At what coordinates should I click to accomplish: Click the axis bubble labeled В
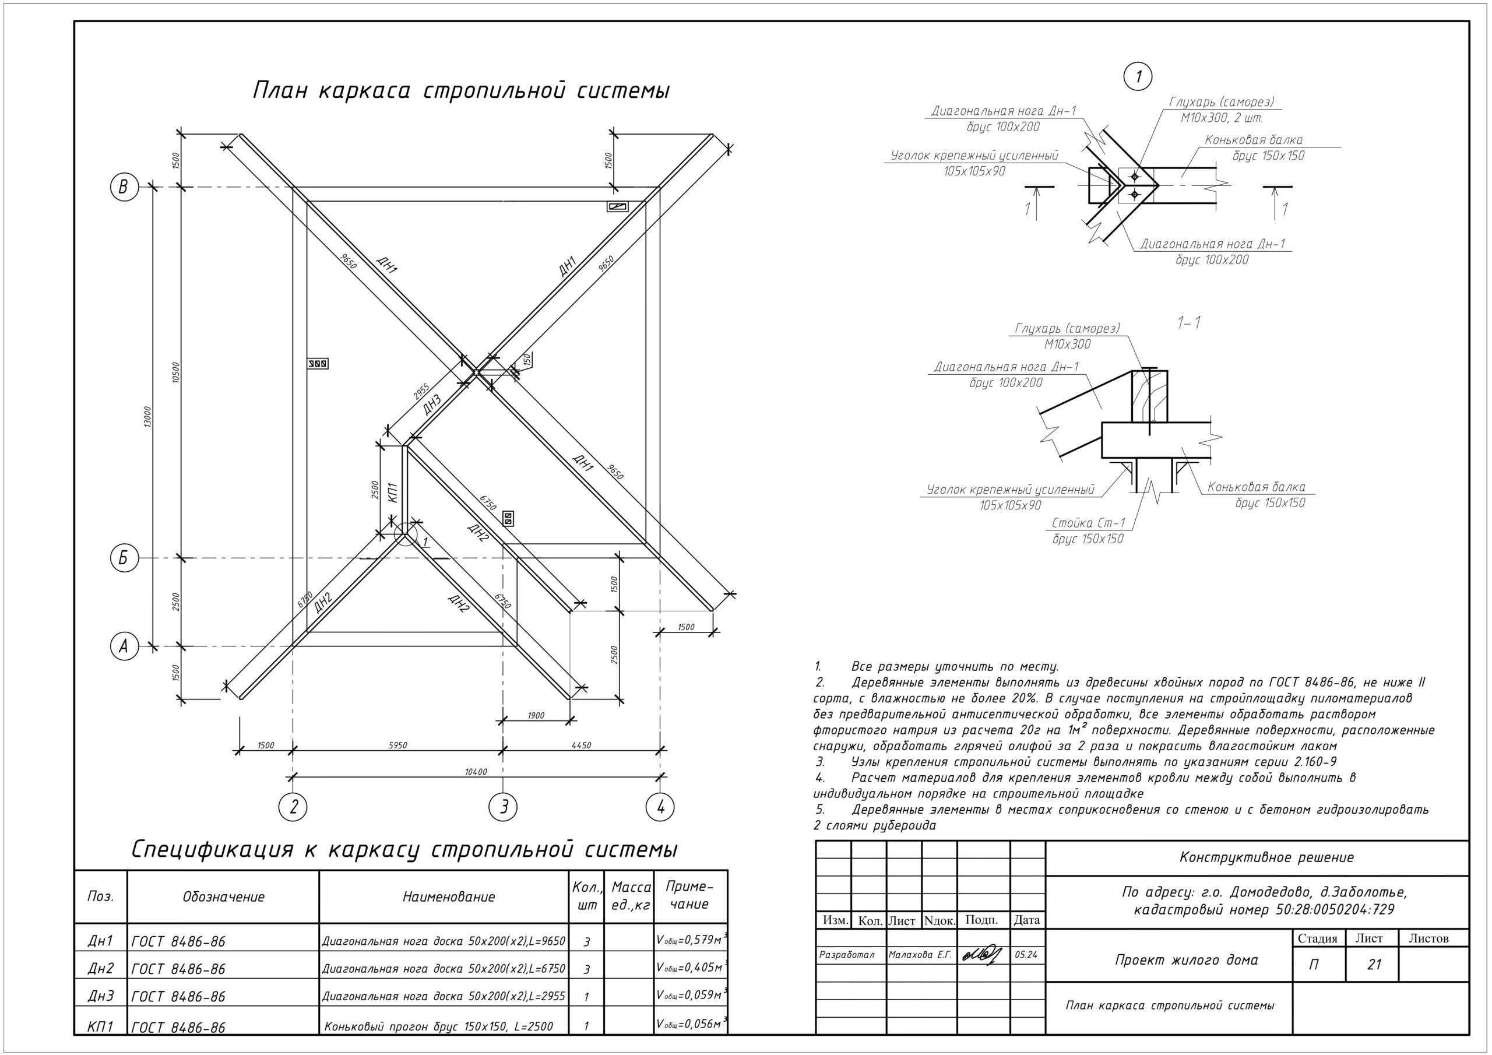tap(124, 187)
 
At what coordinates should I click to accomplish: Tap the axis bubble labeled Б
tap(124, 558)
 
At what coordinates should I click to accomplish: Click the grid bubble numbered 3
tap(503, 807)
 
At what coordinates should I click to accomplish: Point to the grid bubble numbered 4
tap(660, 807)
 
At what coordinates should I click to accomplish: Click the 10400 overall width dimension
tap(476, 772)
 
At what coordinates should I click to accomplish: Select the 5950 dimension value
tap(397, 745)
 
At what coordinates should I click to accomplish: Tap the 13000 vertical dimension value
tap(147, 417)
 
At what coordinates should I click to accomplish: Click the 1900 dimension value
tap(536, 716)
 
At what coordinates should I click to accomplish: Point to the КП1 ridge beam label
tap(392, 492)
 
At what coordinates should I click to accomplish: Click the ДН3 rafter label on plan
tap(431, 405)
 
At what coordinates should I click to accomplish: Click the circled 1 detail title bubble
tap(1137, 77)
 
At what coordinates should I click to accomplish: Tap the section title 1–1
tap(1188, 322)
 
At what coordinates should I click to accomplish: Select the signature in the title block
tap(982, 955)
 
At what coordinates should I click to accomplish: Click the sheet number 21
tap(1374, 965)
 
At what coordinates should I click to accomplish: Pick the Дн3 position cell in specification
tap(100, 996)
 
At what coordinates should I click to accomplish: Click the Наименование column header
tap(448, 897)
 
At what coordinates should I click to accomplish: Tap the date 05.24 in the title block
tap(1025, 955)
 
